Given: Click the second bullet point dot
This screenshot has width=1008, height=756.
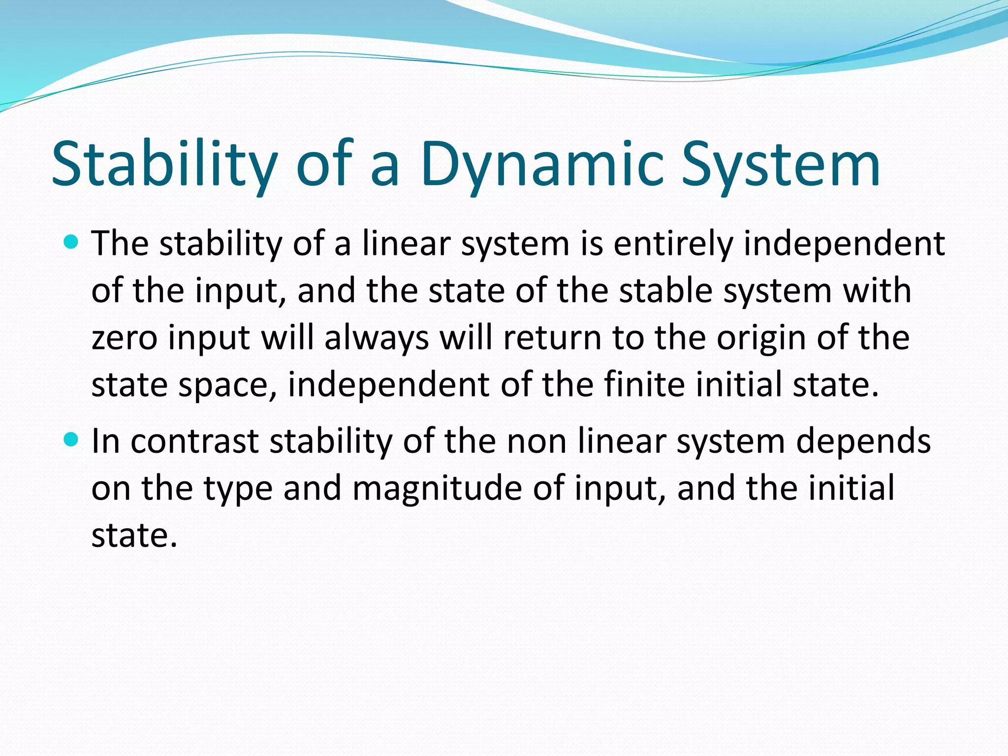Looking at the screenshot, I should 71,440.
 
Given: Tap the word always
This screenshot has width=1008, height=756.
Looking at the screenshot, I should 377,339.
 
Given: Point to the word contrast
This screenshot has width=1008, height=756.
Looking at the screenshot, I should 194,441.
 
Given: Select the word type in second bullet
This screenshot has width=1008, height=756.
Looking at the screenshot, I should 238,489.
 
